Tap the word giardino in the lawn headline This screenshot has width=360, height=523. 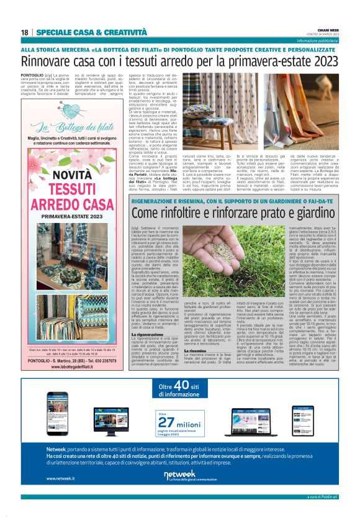tap(294, 213)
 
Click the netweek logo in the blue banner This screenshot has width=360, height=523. tap(179, 475)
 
